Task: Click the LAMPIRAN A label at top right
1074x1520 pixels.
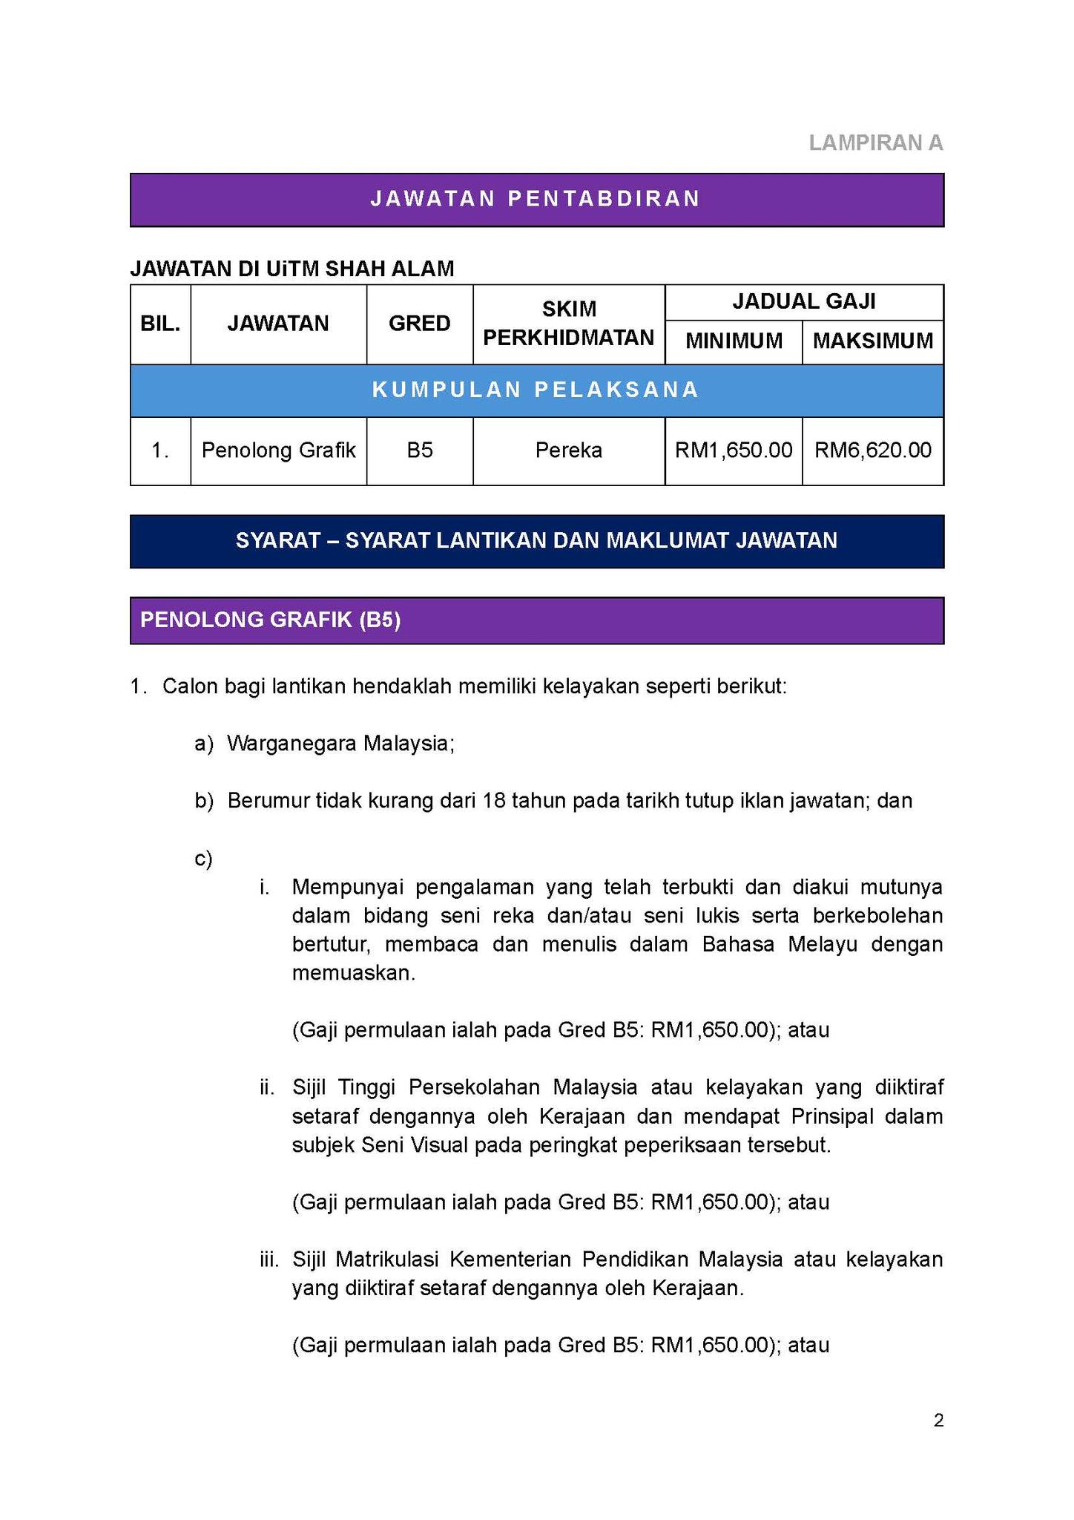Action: click(x=875, y=142)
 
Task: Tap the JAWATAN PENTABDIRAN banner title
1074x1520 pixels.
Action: click(x=536, y=199)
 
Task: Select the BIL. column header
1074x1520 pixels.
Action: click(x=160, y=324)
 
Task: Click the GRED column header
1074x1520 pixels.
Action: click(x=419, y=324)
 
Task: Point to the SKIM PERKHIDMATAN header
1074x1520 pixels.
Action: click(x=568, y=324)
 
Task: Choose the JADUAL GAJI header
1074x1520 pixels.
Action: click(x=803, y=301)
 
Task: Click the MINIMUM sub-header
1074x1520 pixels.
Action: click(x=734, y=341)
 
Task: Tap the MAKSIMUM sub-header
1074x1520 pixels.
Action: click(x=872, y=341)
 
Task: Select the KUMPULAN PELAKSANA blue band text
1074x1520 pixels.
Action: click(x=536, y=390)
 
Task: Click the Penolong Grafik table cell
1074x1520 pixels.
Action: click(x=278, y=451)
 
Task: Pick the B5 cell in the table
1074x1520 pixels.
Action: click(x=419, y=451)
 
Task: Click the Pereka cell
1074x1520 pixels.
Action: click(x=568, y=451)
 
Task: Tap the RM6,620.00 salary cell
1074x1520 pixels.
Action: click(x=872, y=451)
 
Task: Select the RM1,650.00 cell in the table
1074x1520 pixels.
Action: click(x=734, y=451)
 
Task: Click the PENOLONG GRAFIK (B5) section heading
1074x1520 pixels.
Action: click(x=271, y=620)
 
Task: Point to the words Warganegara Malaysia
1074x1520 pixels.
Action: click(x=340, y=743)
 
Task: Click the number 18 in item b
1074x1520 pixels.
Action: click(x=493, y=801)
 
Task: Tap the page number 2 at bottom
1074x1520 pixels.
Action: click(x=938, y=1421)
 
